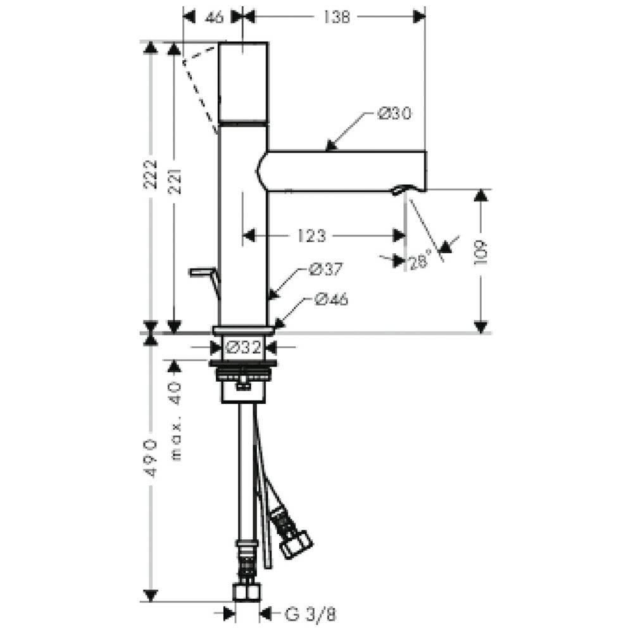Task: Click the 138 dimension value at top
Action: pyautogui.click(x=336, y=17)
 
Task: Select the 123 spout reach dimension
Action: pyautogui.click(x=311, y=235)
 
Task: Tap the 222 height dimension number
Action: pyautogui.click(x=151, y=175)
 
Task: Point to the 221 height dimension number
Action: pyautogui.click(x=175, y=182)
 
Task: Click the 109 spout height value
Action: pyautogui.click(x=481, y=253)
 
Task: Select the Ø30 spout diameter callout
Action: pyautogui.click(x=394, y=113)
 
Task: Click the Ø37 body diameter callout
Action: pyautogui.click(x=325, y=269)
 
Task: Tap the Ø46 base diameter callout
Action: pyautogui.click(x=331, y=299)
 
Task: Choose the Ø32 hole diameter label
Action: pyautogui.click(x=244, y=347)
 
